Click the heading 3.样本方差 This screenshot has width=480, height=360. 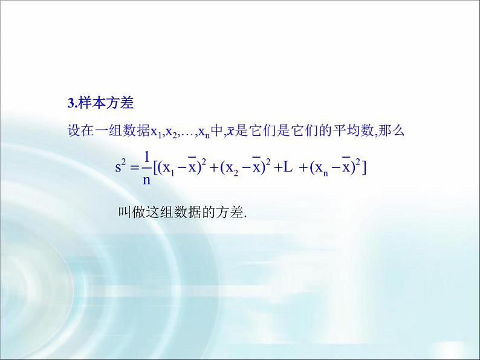pos(100,103)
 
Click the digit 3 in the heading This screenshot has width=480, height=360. pos(70,103)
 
